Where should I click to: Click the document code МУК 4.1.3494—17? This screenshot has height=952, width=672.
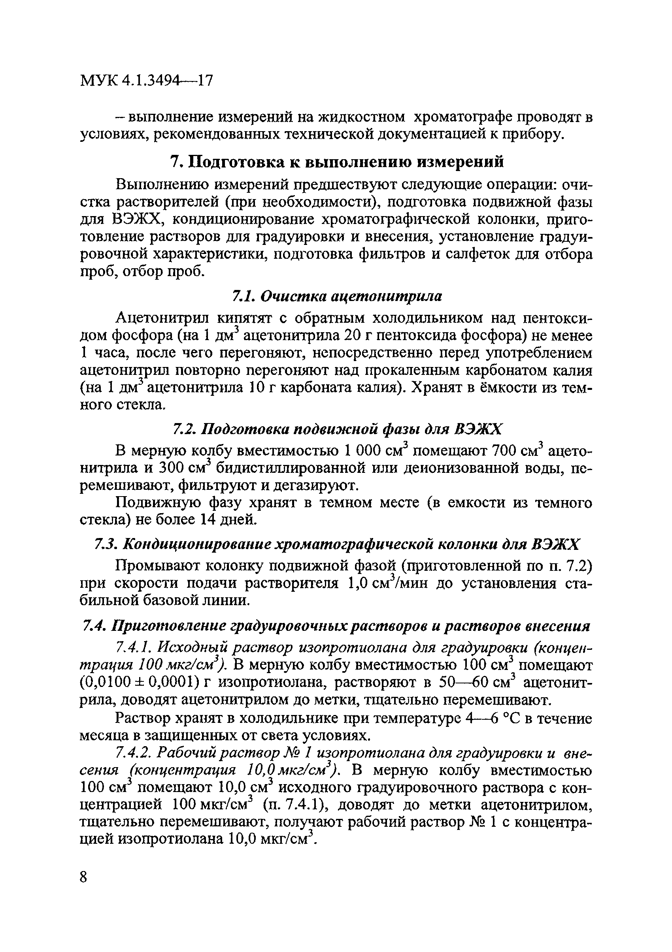[x=146, y=80]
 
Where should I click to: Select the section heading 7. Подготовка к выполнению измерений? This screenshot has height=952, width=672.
[x=337, y=162]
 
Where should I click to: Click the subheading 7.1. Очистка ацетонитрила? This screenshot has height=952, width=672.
[x=336, y=296]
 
